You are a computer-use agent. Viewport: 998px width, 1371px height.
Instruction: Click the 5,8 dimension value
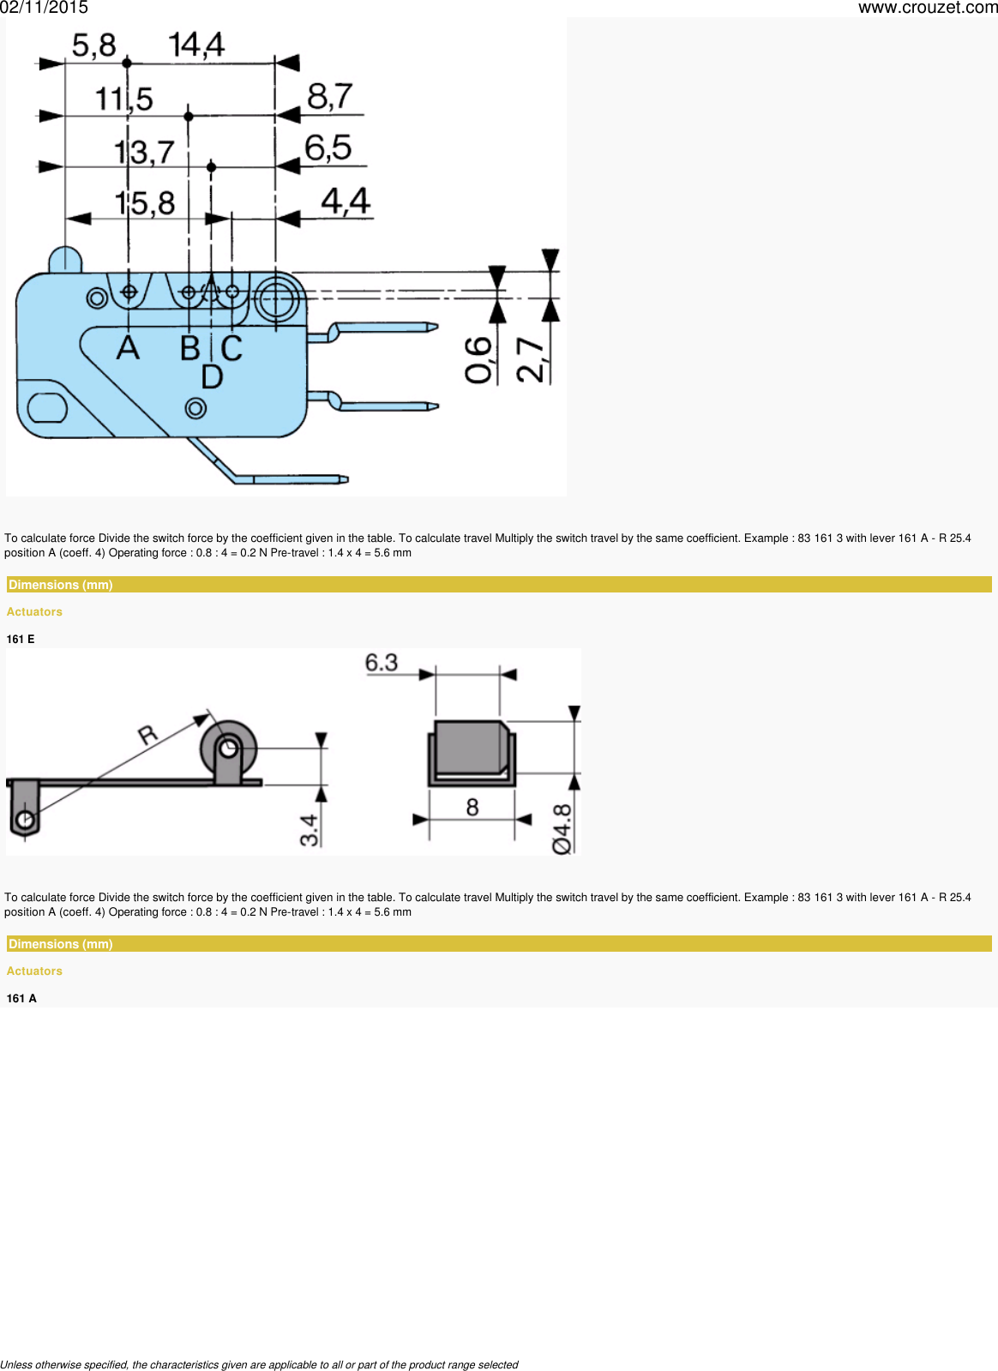[x=93, y=45]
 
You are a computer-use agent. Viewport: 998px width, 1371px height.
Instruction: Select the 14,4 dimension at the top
[x=195, y=45]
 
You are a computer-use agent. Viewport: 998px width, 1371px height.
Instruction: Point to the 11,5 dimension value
[x=123, y=99]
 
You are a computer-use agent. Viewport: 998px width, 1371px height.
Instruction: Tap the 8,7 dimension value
[x=330, y=96]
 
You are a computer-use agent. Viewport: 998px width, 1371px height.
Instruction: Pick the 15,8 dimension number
[x=145, y=203]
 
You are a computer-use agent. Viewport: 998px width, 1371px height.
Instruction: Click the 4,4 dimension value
[x=346, y=201]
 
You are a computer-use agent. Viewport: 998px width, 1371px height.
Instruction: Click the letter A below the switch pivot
[x=128, y=348]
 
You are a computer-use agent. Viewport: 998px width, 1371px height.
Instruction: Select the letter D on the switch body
[x=212, y=376]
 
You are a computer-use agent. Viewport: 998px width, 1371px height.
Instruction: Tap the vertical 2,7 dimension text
[x=531, y=360]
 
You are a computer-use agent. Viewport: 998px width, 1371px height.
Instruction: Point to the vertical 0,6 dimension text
[x=478, y=360]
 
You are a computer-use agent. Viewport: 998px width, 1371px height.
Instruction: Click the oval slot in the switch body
[x=47, y=408]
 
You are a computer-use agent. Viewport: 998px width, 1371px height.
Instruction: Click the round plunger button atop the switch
[x=65, y=259]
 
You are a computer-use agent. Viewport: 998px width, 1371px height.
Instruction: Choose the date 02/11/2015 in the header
[x=44, y=8]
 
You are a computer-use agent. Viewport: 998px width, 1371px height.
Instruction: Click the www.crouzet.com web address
[x=928, y=8]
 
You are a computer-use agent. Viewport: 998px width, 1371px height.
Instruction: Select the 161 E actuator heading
[x=21, y=639]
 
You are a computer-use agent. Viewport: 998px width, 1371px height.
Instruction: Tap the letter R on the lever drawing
[x=148, y=735]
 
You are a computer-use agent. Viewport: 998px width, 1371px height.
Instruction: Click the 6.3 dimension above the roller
[x=382, y=663]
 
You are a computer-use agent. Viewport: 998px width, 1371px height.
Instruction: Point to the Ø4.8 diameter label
[x=562, y=828]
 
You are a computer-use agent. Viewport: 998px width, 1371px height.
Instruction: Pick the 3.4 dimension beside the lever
[x=309, y=829]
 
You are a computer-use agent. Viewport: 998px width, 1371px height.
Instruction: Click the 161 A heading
[x=21, y=998]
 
